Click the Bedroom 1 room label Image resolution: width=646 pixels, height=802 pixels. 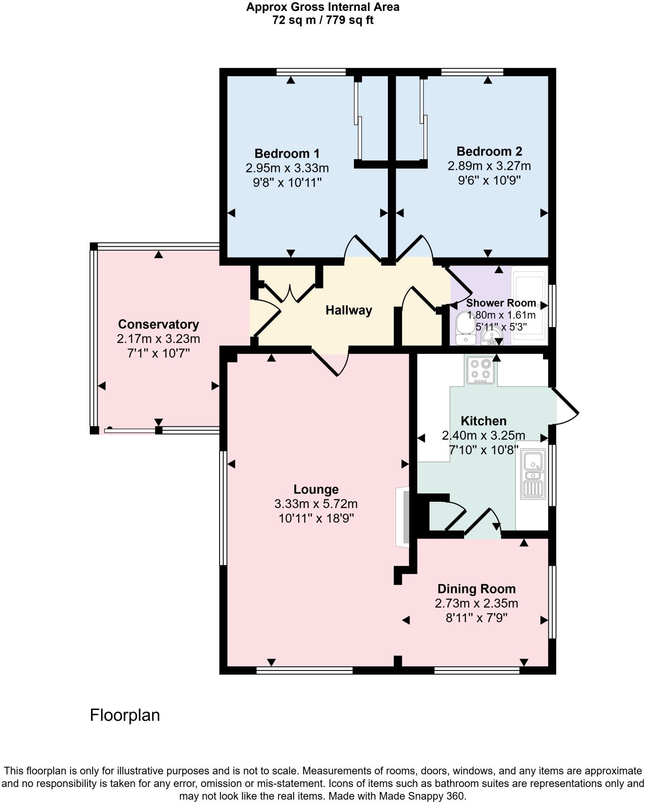pyautogui.click(x=287, y=153)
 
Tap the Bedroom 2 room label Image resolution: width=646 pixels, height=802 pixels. pyautogui.click(x=489, y=152)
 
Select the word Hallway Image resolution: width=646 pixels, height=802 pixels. pyautogui.click(x=348, y=310)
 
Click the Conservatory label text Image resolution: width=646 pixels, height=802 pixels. pyautogui.click(x=158, y=324)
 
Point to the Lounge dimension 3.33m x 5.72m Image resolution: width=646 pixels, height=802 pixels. pyautogui.click(x=316, y=504)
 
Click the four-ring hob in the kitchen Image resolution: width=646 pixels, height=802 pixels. pyautogui.click(x=480, y=370)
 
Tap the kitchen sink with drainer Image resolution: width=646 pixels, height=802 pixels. pyautogui.click(x=533, y=474)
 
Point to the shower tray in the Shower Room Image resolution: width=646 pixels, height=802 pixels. pyautogui.click(x=529, y=305)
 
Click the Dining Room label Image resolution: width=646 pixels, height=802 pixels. pyautogui.click(x=476, y=589)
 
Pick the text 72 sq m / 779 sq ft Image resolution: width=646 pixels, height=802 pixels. pyautogui.click(x=323, y=20)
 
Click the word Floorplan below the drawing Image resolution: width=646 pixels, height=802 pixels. pyautogui.click(x=125, y=715)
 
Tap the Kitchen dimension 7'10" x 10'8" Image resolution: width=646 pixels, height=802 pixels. pyautogui.click(x=484, y=450)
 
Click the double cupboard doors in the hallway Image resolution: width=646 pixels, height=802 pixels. pyautogui.click(x=289, y=292)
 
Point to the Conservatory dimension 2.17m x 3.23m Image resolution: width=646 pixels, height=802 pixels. pyautogui.click(x=158, y=339)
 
